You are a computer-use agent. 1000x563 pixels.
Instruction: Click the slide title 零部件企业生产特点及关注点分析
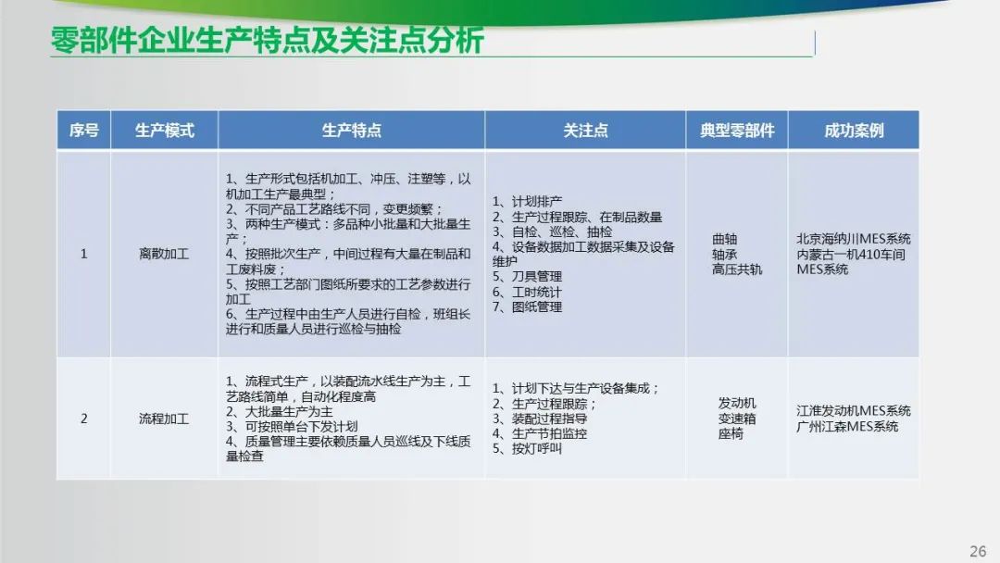[268, 41]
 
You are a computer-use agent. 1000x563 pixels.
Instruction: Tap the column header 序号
[83, 131]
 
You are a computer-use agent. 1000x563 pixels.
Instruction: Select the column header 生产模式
[165, 131]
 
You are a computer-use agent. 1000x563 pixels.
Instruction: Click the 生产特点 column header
[352, 131]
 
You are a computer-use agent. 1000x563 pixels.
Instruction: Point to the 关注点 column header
[585, 131]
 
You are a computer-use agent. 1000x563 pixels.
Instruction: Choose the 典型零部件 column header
[737, 131]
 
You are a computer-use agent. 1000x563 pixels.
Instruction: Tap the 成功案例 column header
[854, 131]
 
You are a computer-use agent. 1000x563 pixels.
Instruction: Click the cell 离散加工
[164, 254]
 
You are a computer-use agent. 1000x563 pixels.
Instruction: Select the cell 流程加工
[164, 419]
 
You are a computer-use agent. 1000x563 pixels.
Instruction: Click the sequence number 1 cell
[83, 254]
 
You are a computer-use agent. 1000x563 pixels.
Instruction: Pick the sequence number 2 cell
[83, 419]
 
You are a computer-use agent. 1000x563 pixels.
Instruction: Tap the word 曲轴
[724, 239]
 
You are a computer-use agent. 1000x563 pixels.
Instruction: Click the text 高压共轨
[737, 269]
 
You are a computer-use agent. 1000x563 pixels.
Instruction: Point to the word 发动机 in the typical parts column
[737, 403]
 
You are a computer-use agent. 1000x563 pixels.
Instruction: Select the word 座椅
[731, 433]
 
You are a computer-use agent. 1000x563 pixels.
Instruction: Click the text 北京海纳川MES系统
[854, 239]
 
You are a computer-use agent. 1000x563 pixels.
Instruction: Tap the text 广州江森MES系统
[847, 426]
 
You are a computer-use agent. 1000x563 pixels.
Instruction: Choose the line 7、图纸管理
[528, 307]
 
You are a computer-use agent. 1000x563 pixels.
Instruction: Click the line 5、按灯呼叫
[528, 448]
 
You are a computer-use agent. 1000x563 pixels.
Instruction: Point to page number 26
[978, 552]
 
